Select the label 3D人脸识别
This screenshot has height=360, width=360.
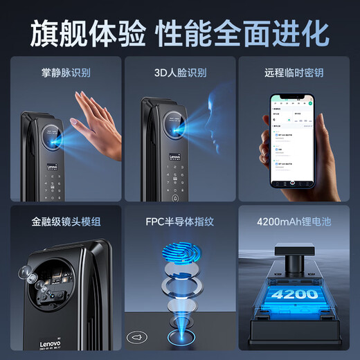(179, 72)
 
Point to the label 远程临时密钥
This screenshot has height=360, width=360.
(294, 72)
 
